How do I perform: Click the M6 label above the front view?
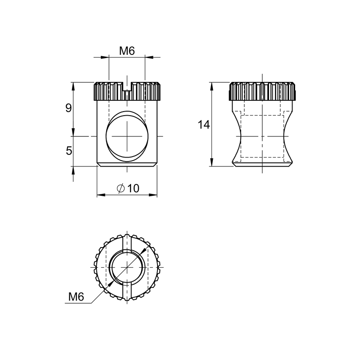(127, 51)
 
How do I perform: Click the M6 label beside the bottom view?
(76, 297)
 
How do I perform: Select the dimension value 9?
(68, 108)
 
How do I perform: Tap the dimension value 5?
(69, 151)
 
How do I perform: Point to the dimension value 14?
(204, 125)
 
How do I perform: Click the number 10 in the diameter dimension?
(133, 188)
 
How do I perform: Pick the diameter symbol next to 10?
(121, 189)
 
